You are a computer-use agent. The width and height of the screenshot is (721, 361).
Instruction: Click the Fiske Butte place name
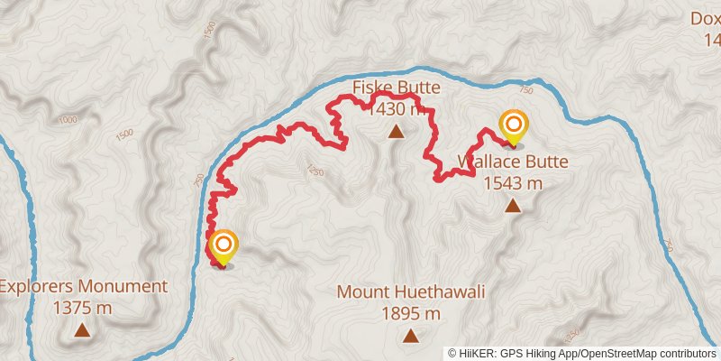[x=396, y=88]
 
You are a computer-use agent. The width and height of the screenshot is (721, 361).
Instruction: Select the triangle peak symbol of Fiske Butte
[x=395, y=133]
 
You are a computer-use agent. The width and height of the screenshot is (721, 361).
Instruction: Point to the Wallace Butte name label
[x=513, y=162]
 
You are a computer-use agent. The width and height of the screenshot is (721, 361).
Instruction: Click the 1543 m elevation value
[x=513, y=183]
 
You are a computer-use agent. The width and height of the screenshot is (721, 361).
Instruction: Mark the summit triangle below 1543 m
[x=513, y=206]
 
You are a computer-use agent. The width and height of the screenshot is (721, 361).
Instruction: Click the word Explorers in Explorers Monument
[x=37, y=287]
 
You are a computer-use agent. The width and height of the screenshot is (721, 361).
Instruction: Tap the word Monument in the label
[x=123, y=287]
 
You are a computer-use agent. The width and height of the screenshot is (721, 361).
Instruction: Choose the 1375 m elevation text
[x=82, y=308]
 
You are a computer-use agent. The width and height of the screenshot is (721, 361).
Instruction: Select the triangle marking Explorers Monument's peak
[x=82, y=329]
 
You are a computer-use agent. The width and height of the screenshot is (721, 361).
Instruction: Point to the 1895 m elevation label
[x=411, y=314]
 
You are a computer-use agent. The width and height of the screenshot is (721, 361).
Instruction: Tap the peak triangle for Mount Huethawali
[x=411, y=336]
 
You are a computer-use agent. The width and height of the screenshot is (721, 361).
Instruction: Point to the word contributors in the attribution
[x=686, y=353]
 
